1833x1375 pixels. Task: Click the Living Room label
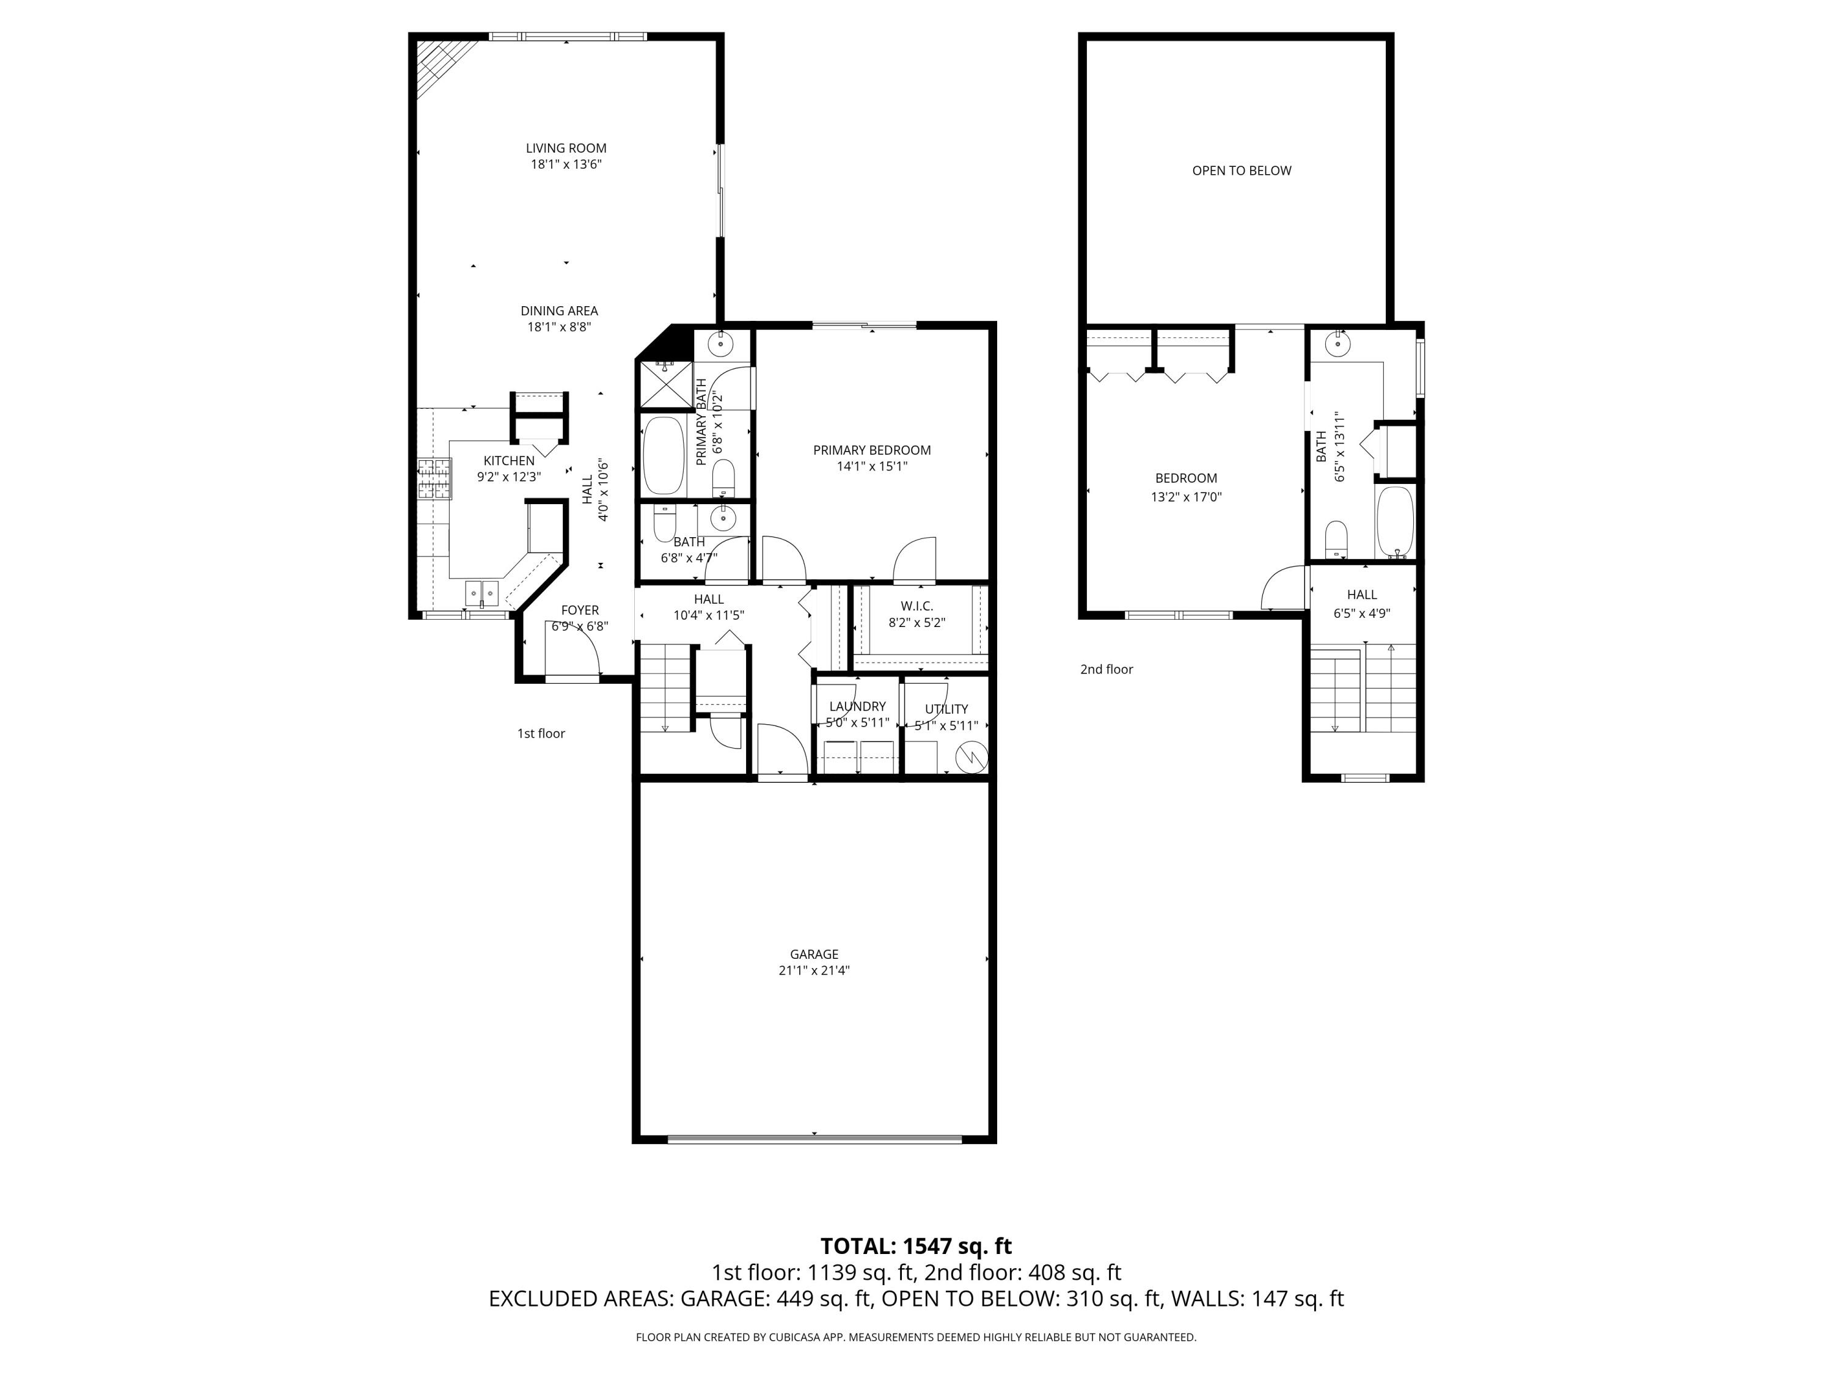coord(566,148)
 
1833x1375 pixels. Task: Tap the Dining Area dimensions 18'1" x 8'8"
coord(559,326)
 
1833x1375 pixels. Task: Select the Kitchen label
coord(509,461)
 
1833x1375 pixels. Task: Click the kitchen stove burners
coord(435,479)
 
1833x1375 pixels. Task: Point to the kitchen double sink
coord(481,593)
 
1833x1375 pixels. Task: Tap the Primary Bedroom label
coord(872,450)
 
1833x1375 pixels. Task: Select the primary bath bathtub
coord(664,455)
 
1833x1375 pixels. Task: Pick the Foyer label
coord(580,610)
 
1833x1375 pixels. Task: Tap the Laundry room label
coord(858,706)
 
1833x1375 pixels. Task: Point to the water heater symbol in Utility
coord(970,757)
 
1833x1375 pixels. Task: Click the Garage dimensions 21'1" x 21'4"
coord(814,970)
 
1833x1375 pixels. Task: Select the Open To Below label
coord(1242,170)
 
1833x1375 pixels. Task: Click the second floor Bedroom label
coord(1186,479)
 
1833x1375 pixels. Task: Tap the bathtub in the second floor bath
coord(1396,522)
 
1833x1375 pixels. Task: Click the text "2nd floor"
coord(1107,669)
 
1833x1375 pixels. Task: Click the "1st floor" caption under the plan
coord(541,733)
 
